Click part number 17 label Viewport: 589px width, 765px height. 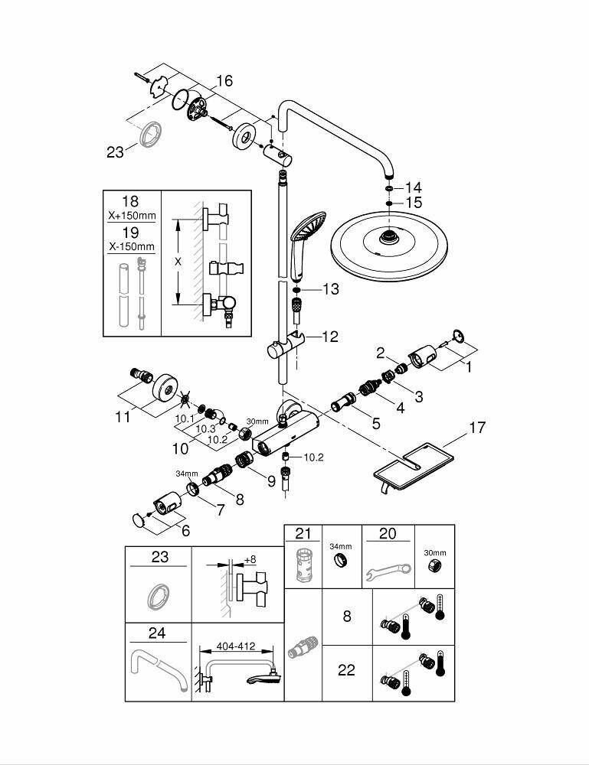[x=476, y=428]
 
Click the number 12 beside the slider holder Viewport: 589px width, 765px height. [x=330, y=336]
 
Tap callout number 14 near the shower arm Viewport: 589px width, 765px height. [x=414, y=187]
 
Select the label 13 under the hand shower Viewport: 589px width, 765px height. [x=330, y=289]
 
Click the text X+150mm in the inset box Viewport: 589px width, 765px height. [x=131, y=216]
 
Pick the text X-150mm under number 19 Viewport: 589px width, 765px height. [x=131, y=246]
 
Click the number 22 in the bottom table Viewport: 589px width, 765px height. [x=347, y=670]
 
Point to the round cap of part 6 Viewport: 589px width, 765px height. [x=138, y=521]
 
